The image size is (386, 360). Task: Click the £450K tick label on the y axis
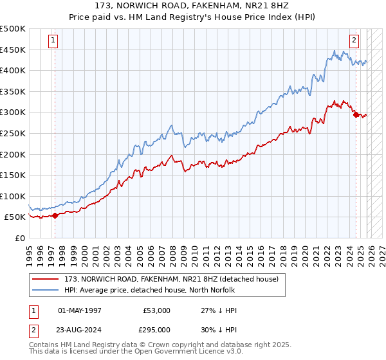[x=13, y=50]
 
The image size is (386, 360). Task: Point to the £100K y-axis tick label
[x=13, y=196]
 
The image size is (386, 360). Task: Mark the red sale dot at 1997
[x=55, y=215]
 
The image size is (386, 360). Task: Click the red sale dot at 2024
[x=356, y=115]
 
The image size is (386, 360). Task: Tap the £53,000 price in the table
[x=157, y=310]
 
